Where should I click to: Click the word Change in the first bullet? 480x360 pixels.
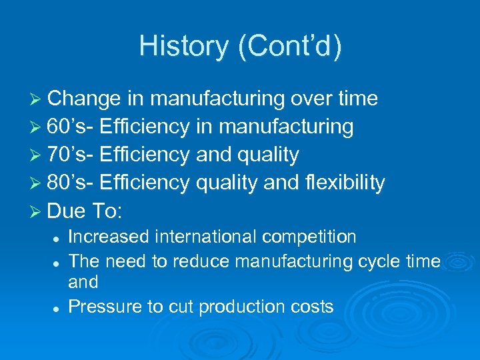85,99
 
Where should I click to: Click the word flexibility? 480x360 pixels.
343,183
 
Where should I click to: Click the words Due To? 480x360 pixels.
85,211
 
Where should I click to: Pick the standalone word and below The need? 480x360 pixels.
83,282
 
